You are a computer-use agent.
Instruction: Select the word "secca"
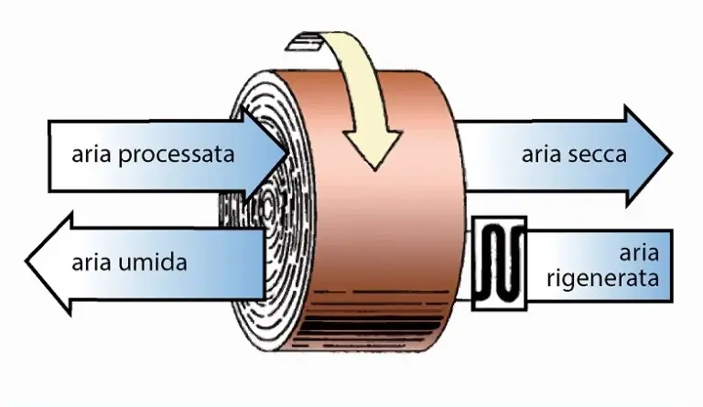click(600, 155)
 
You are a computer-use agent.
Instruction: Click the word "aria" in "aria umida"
click(92, 263)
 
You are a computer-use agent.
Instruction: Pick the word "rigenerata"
click(602, 279)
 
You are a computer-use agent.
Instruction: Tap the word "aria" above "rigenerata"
click(638, 253)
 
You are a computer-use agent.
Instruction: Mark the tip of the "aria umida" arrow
click(27, 262)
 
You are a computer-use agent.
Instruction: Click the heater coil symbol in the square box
click(499, 262)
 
